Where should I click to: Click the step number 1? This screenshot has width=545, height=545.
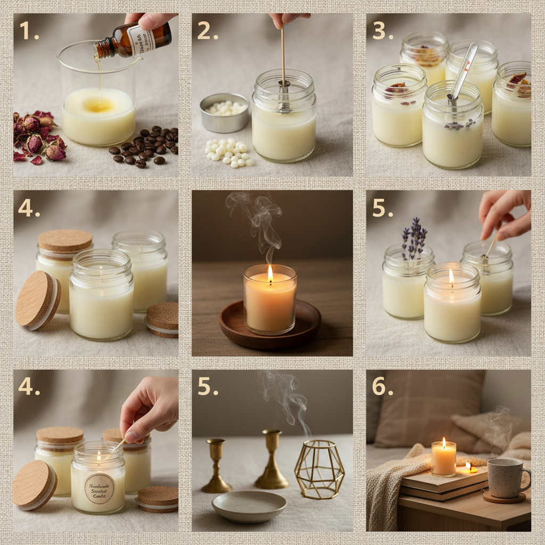[x=29, y=31]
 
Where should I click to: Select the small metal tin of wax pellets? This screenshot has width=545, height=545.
[x=224, y=112]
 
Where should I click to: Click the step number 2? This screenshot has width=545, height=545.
[x=207, y=31]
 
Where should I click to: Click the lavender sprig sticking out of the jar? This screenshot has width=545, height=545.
[x=415, y=238]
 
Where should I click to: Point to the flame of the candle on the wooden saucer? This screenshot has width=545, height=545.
[x=270, y=274]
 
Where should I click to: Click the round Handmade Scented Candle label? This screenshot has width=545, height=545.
[x=98, y=489]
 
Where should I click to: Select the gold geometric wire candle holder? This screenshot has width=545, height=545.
[x=319, y=469]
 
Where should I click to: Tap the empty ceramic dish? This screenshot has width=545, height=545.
[x=249, y=506]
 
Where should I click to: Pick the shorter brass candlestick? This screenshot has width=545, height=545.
[x=216, y=466]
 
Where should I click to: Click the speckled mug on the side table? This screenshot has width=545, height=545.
[x=506, y=477]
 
